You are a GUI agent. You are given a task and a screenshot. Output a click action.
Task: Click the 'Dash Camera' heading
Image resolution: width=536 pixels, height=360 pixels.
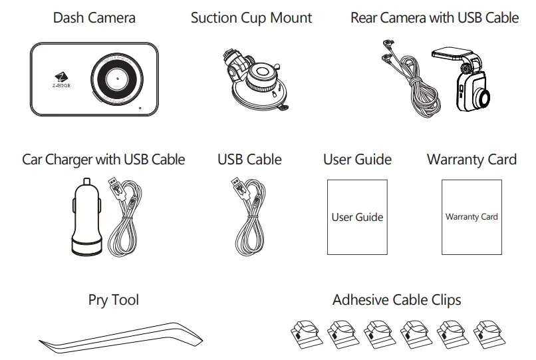pos(94,18)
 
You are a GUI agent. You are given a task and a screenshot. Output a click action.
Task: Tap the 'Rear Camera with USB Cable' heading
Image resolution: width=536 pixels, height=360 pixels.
pos(434,18)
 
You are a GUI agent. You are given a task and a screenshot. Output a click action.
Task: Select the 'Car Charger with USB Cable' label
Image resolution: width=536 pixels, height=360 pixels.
pos(104,160)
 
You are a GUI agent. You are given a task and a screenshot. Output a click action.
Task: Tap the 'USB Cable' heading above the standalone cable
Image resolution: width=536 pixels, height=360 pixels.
pos(249,160)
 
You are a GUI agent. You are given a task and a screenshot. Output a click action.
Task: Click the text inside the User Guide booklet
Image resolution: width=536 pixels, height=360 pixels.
pos(357,217)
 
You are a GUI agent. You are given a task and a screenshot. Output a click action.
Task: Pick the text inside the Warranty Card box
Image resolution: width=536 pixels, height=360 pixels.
pos(471,217)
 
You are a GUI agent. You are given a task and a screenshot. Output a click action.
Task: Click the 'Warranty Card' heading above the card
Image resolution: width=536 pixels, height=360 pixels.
pos(471,160)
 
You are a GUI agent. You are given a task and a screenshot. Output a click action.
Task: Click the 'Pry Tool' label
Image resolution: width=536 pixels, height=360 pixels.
pos(114,300)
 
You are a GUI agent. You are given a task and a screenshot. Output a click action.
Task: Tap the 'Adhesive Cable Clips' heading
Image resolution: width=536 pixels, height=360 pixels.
pos(396,300)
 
